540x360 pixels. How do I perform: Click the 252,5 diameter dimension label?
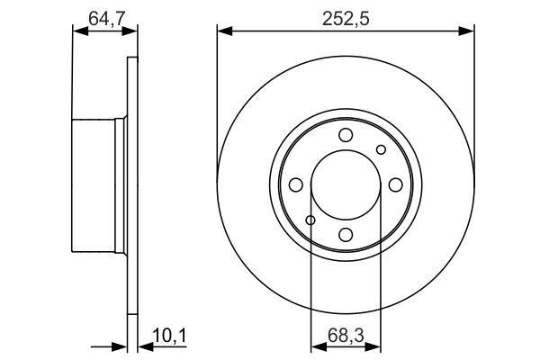click(346, 19)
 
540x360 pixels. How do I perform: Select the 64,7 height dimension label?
click(106, 19)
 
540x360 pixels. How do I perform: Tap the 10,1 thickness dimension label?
click(169, 336)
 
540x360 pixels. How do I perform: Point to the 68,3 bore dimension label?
click(346, 336)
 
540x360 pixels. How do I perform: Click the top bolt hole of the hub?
click(346, 135)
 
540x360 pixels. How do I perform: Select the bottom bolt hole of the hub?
click(346, 235)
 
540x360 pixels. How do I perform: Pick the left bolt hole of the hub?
click(296, 185)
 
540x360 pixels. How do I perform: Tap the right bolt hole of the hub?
click(396, 185)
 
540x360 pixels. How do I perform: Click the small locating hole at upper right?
click(381, 149)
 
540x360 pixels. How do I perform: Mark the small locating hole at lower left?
click(310, 220)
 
